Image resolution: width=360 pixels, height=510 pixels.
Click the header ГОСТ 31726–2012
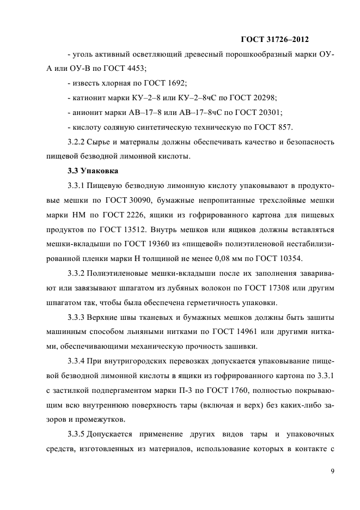(x=274, y=39)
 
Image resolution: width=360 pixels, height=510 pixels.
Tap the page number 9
(x=332, y=471)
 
